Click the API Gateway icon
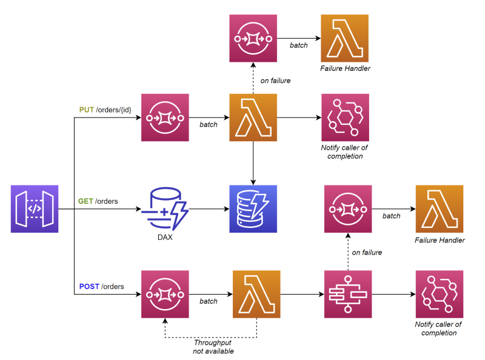[35, 209]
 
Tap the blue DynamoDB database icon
[253, 209]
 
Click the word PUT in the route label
[86, 110]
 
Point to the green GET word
[85, 201]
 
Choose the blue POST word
[89, 286]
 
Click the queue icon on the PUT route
[165, 118]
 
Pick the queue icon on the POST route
[165, 294]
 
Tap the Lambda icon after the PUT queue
[253, 118]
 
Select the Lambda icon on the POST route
[256, 294]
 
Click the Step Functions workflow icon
[348, 294]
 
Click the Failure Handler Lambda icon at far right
[440, 209]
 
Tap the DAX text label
[164, 238]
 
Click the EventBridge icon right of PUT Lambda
[345, 118]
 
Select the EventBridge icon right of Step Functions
[440, 294]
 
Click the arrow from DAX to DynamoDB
[207, 210]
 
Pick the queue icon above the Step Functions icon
[348, 209]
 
